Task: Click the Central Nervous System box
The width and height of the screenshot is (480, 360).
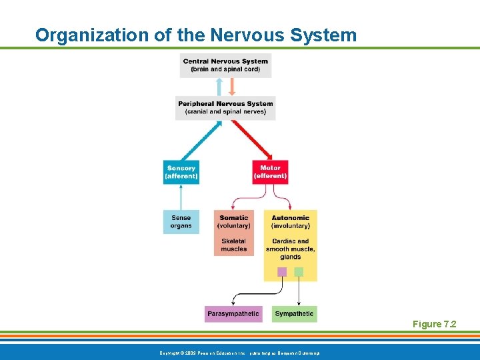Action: (x=225, y=65)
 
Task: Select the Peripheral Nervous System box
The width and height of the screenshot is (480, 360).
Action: (x=225, y=107)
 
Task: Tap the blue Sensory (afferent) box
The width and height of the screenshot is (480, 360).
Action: (x=181, y=172)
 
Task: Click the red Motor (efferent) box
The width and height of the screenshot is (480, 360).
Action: (x=270, y=172)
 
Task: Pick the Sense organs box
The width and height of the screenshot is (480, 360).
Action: (x=181, y=221)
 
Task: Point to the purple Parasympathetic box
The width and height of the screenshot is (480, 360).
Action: (x=233, y=313)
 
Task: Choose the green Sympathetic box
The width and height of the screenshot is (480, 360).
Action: (x=294, y=313)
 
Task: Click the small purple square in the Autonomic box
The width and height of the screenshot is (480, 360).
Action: (x=282, y=271)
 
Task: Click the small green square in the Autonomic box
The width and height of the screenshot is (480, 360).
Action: (x=299, y=271)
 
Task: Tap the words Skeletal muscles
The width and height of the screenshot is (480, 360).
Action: (x=234, y=245)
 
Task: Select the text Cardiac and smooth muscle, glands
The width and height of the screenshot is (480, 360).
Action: (x=291, y=249)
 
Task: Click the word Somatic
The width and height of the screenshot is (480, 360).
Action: (x=234, y=218)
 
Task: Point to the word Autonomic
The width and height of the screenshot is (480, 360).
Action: (x=291, y=218)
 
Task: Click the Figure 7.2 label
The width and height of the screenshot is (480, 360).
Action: (x=434, y=324)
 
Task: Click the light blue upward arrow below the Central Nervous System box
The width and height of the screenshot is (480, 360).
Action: (x=219, y=87)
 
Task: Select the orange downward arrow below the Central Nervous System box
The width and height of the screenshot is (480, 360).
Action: (x=232, y=87)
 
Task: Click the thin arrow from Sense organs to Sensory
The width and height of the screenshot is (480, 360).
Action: (x=181, y=197)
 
